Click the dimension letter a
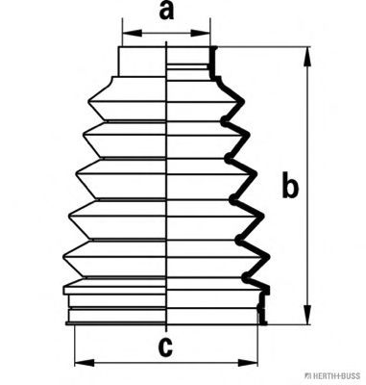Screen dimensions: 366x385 click(166, 11)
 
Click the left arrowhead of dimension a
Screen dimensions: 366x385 click(132, 33)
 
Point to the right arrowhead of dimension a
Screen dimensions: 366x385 click(201, 33)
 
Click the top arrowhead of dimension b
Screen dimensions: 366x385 click(307, 57)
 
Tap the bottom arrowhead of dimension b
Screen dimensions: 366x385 click(307, 315)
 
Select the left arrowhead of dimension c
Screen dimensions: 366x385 click(85, 363)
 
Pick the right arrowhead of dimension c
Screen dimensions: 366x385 click(248, 363)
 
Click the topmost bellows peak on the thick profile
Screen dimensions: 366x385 click(243, 102)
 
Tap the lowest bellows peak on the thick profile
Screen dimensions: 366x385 click(268, 257)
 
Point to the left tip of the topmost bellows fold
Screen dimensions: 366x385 click(88, 102)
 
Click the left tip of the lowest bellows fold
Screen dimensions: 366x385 click(63, 256)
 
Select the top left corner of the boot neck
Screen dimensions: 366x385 click(119, 47)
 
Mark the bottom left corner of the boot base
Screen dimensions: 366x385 click(66, 323)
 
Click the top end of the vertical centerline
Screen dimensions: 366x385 click(166, 41)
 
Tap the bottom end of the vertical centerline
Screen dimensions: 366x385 click(166, 331)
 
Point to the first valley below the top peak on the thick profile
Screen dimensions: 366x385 click(224, 120)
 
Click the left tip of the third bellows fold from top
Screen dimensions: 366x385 click(76, 174)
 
